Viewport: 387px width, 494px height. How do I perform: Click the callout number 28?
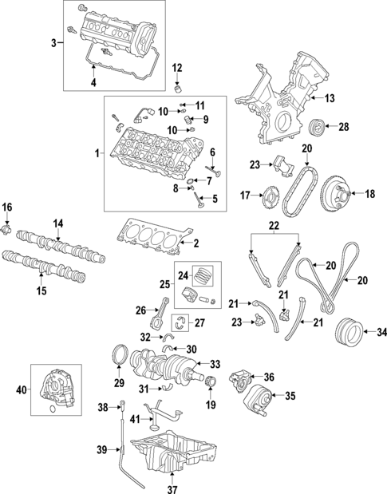344,126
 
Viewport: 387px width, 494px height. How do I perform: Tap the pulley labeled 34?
349,330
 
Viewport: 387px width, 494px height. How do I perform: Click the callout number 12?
177,67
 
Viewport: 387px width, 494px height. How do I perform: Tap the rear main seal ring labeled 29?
120,354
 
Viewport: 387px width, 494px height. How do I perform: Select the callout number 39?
101,451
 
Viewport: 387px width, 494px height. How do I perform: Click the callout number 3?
53,41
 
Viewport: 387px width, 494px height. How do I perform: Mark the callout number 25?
164,284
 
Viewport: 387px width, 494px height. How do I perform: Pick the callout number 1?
97,152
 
